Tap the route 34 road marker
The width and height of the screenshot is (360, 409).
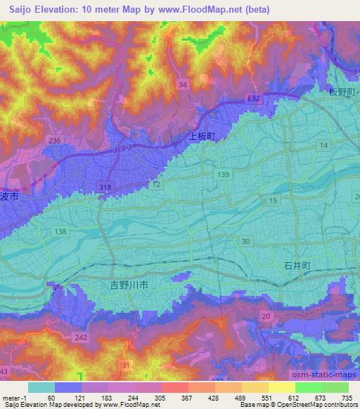pyautogui.click(x=183, y=84)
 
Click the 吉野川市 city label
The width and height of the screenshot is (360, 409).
pyautogui.click(x=129, y=285)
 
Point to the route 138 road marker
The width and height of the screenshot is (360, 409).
pyautogui.click(x=60, y=231)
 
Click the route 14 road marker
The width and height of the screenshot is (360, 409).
pyautogui.click(x=323, y=145)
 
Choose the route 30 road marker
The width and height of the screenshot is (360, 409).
pyautogui.click(x=245, y=241)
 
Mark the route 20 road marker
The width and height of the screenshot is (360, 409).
pyautogui.click(x=265, y=317)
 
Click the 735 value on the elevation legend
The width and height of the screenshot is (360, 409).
pyautogui.click(x=345, y=398)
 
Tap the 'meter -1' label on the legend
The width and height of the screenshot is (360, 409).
pyautogui.click(x=15, y=398)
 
